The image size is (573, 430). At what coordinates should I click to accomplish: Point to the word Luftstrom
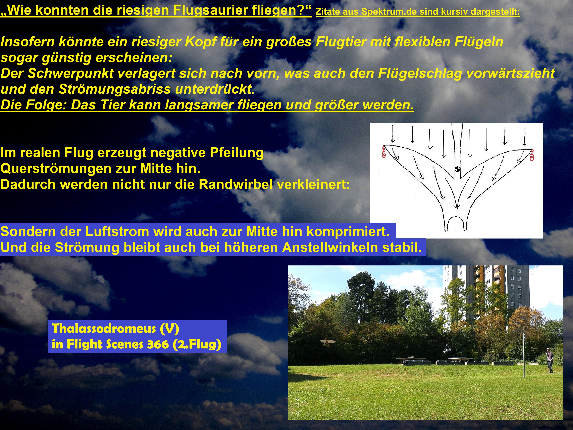pyautogui.click(x=117, y=231)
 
